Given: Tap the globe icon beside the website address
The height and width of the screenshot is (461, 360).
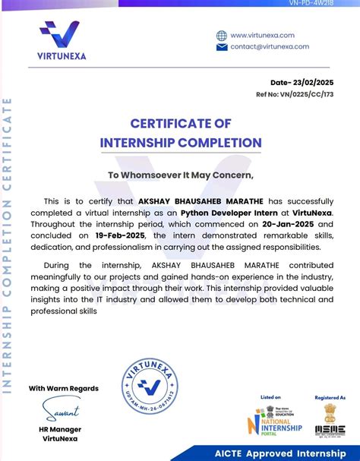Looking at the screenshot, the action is [222, 35].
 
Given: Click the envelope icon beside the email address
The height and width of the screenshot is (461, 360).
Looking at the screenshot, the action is [222, 47].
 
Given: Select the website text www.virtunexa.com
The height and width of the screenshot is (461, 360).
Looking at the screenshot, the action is [262, 35].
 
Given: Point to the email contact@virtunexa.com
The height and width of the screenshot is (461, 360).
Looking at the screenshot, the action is [270, 46].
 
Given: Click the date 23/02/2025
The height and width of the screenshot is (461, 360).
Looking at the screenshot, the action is [314, 82].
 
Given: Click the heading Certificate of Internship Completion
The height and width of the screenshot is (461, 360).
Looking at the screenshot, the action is [180, 133].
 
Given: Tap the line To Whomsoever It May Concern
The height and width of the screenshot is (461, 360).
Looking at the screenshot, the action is [180, 175].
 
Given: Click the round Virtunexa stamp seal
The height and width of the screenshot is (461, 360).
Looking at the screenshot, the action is [154, 389].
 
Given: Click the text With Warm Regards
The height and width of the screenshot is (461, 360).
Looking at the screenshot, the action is [64, 388].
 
